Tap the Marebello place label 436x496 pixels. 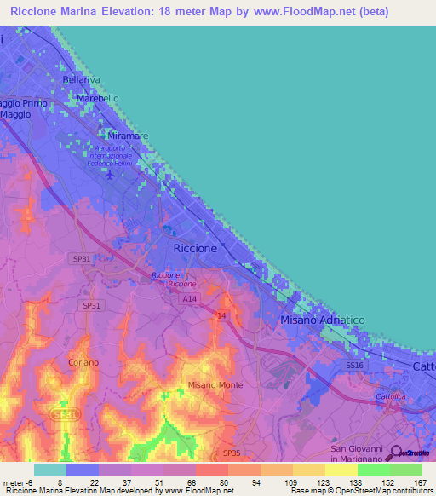(x=98, y=99)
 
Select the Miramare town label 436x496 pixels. (x=129, y=136)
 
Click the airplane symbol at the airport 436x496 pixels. (x=110, y=175)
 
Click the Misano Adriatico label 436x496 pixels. (x=322, y=319)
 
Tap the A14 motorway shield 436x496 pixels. (x=189, y=299)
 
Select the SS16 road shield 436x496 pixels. (x=354, y=365)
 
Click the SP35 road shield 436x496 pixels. (x=231, y=453)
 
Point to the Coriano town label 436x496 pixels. (x=84, y=362)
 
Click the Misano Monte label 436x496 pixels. (x=215, y=385)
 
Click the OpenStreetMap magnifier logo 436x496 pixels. (x=394, y=453)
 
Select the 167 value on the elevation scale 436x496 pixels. (x=420, y=482)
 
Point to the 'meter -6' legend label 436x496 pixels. (x=17, y=482)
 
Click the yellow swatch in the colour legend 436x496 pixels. (x=341, y=470)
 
